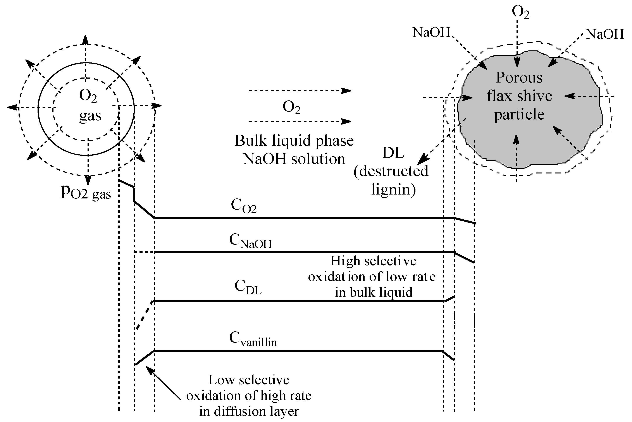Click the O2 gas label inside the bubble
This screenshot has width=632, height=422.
[x=90, y=106]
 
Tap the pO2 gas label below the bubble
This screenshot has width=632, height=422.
[x=86, y=192]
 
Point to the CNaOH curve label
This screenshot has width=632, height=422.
[x=250, y=241]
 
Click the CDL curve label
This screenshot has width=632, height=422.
[x=248, y=287]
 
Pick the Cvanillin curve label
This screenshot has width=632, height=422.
[x=253, y=338]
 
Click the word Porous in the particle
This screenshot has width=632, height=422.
[x=519, y=78]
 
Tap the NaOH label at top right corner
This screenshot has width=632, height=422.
[x=604, y=34]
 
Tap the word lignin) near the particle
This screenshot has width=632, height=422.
[x=393, y=189]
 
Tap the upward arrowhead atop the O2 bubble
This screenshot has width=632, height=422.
[x=85, y=40]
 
